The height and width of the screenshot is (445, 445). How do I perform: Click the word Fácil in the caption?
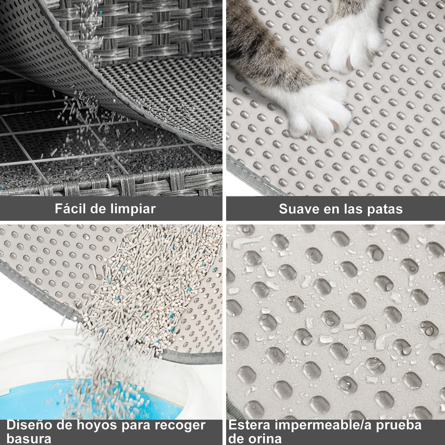(70, 209)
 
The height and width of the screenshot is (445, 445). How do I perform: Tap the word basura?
(29, 439)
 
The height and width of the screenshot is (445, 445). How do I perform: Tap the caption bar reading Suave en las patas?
(335, 209)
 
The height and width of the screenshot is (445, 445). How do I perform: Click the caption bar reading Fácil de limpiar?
(111, 209)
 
